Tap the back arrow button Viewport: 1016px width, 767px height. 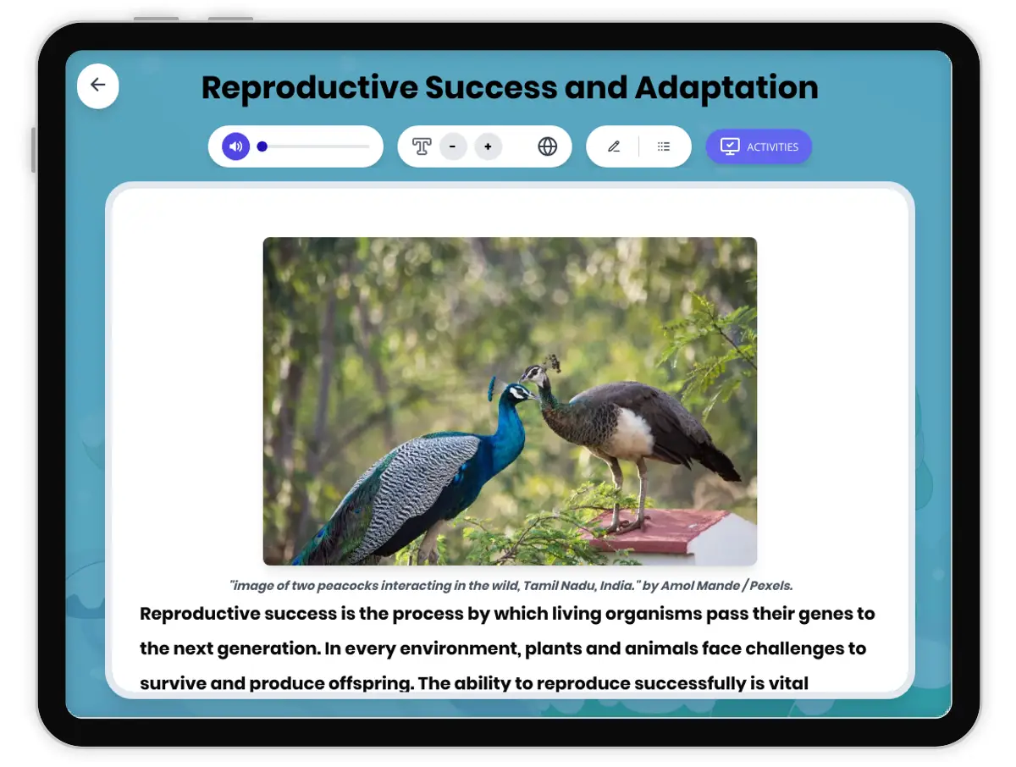click(x=97, y=86)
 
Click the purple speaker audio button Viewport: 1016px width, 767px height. click(x=235, y=146)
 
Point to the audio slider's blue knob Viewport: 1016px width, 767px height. click(x=262, y=146)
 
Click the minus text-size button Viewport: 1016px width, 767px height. click(x=453, y=146)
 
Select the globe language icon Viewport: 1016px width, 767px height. click(x=547, y=146)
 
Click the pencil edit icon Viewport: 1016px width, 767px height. click(x=614, y=146)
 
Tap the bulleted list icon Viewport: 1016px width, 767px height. click(x=663, y=146)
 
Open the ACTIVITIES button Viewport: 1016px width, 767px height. click(x=759, y=146)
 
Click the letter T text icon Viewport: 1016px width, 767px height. click(x=421, y=146)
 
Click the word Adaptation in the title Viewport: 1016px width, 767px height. click(x=726, y=87)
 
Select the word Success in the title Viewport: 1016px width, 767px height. click(x=491, y=87)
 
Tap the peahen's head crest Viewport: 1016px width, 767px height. click(x=552, y=362)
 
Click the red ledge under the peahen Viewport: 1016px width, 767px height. click(x=657, y=530)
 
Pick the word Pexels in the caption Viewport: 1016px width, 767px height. click(x=771, y=586)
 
